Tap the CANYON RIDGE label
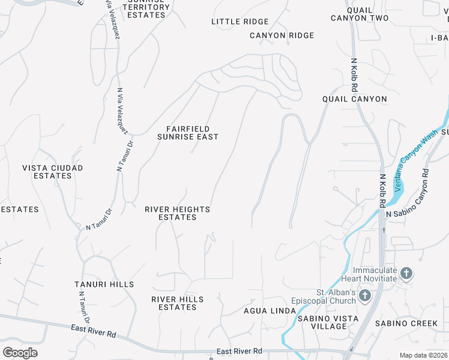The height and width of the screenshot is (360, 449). (282, 35)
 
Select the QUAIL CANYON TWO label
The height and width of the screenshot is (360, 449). (360, 14)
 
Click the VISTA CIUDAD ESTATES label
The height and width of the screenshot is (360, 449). (53, 172)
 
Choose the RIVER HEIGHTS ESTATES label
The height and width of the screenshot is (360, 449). (178, 213)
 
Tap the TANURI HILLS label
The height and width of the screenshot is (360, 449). (104, 284)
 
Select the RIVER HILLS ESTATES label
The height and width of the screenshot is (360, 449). (178, 303)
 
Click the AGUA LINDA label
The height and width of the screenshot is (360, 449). (270, 310)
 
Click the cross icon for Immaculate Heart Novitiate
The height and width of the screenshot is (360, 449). (406, 274)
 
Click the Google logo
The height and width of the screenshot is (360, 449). (20, 353)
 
